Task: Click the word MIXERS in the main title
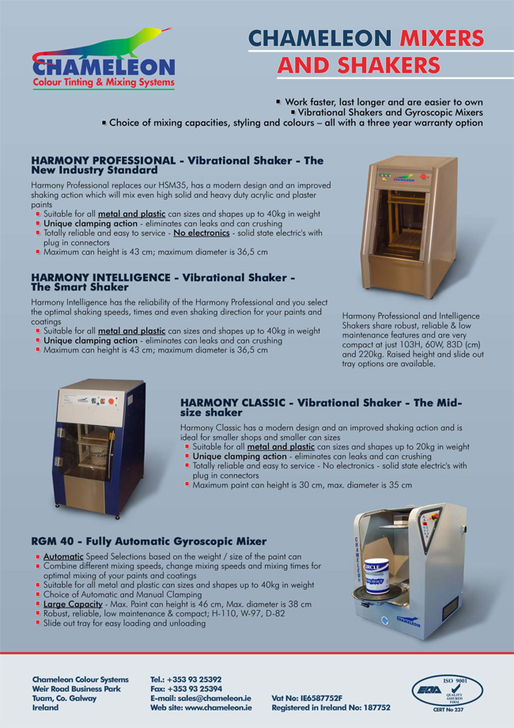click(441, 38)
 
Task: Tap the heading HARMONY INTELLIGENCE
click(100, 278)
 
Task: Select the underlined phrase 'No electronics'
click(202, 233)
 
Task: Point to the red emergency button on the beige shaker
click(423, 176)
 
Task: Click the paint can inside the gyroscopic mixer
click(376, 577)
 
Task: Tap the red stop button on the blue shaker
click(111, 401)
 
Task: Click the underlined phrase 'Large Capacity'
click(73, 605)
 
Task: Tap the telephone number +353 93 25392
click(195, 679)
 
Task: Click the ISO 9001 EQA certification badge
click(448, 694)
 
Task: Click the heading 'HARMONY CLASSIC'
click(232, 403)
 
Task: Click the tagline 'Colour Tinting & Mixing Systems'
click(104, 82)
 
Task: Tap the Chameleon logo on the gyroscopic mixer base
click(408, 621)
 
